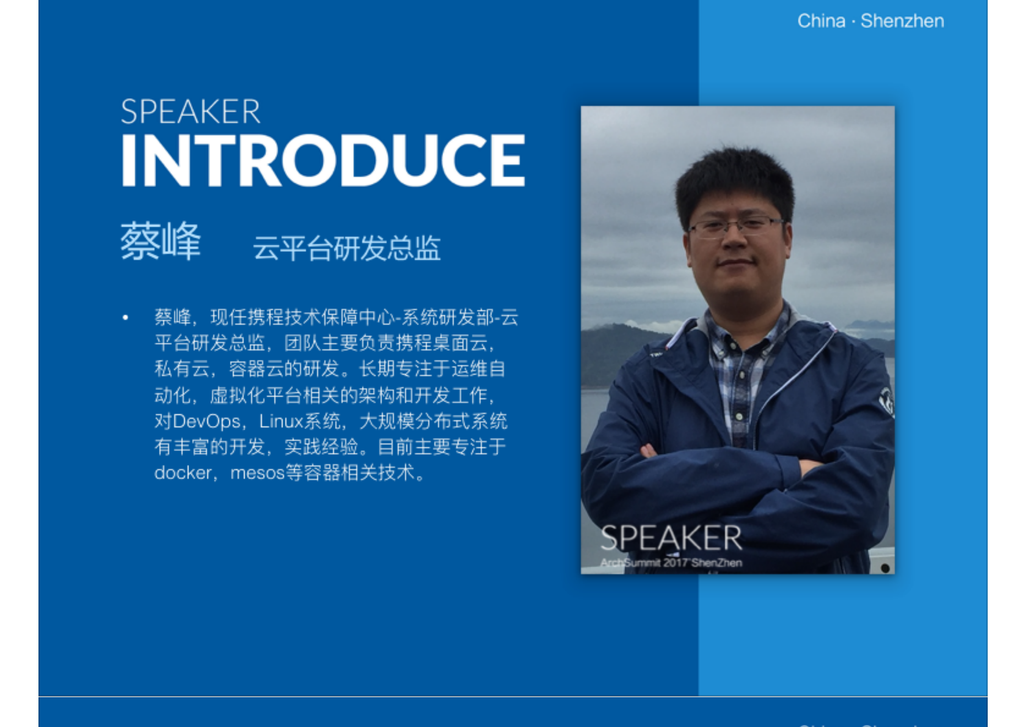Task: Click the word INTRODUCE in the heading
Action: [x=323, y=160]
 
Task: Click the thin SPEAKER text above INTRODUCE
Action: [x=190, y=112]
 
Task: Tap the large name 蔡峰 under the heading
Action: [x=160, y=242]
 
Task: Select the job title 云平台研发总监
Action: [x=347, y=248]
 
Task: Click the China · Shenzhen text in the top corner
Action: [x=870, y=21]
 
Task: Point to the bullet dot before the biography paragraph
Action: [x=125, y=317]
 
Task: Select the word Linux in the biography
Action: [x=281, y=421]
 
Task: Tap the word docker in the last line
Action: [x=183, y=473]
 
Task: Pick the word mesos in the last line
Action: [x=257, y=473]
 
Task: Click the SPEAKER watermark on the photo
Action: [x=671, y=538]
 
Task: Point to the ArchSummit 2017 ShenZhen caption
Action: [x=671, y=562]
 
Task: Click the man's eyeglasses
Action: [x=735, y=227]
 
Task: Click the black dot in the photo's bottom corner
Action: [x=885, y=568]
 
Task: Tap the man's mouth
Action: [x=735, y=263]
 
